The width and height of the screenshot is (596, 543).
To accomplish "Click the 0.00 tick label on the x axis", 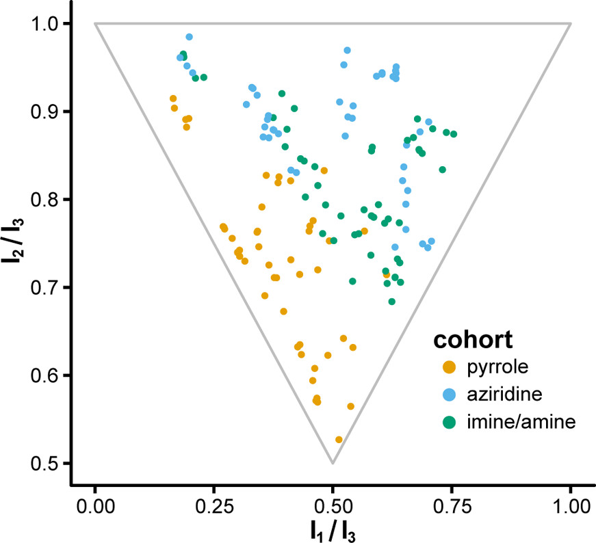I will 94,507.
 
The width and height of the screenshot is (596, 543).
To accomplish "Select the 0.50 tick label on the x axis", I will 333,507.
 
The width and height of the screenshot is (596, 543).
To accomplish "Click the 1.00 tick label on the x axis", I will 570,507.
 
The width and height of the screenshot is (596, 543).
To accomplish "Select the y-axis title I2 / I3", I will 15,243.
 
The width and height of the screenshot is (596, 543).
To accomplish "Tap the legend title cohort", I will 473,340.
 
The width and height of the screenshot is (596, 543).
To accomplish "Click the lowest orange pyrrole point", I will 339,440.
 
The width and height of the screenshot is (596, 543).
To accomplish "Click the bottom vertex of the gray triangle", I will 333,464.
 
